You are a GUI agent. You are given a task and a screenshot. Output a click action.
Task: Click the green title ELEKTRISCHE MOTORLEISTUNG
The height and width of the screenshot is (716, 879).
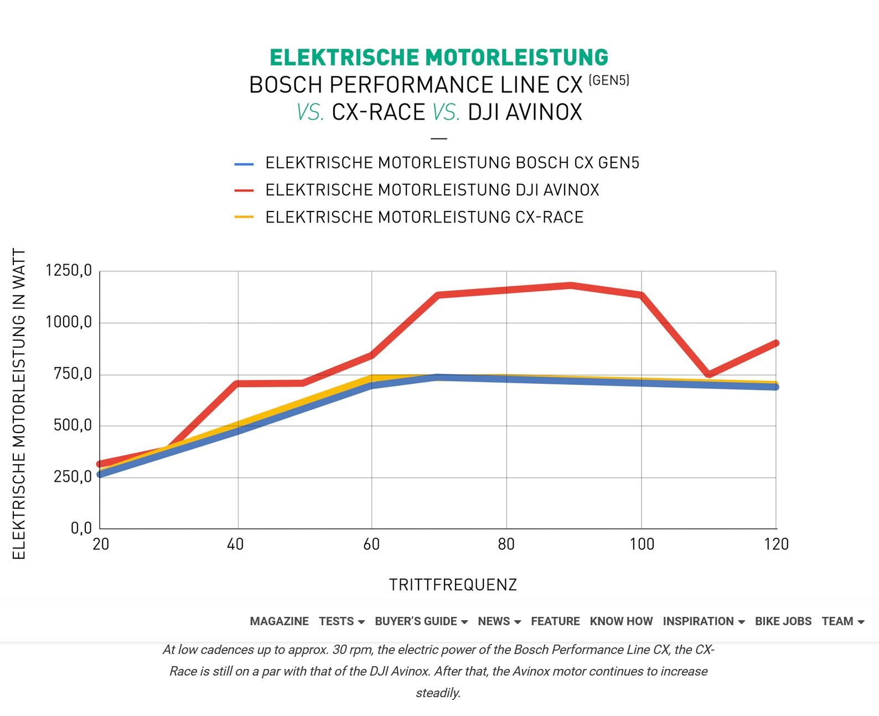pyautogui.click(x=439, y=58)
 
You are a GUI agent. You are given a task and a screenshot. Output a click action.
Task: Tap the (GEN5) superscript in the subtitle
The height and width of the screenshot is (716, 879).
pyautogui.click(x=609, y=80)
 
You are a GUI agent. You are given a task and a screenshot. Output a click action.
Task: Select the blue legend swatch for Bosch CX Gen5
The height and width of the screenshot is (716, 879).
pyautogui.click(x=244, y=164)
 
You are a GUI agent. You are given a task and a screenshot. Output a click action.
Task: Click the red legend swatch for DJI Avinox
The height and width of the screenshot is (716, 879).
pyautogui.click(x=244, y=190)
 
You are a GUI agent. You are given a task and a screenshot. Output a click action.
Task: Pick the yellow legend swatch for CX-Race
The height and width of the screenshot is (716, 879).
pyautogui.click(x=244, y=217)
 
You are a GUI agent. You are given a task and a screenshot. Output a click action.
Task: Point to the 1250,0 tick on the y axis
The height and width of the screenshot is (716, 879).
pyautogui.click(x=69, y=270)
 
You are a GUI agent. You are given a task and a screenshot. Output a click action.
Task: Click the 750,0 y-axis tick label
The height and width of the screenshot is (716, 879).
pyautogui.click(x=73, y=374)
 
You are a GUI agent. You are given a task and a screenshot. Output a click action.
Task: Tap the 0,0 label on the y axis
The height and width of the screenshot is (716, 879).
pyautogui.click(x=81, y=528)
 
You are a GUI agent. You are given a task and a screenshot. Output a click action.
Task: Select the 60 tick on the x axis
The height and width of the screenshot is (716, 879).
pyautogui.click(x=371, y=545)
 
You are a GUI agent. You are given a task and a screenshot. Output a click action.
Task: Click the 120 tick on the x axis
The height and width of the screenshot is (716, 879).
pyautogui.click(x=776, y=545)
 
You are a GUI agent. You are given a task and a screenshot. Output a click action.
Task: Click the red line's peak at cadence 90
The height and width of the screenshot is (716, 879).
pyautogui.click(x=571, y=285)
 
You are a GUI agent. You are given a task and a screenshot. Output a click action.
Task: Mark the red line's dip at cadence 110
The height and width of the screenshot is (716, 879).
pyautogui.click(x=709, y=374)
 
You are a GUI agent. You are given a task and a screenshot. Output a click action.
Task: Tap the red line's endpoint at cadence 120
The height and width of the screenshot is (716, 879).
pyautogui.click(x=776, y=343)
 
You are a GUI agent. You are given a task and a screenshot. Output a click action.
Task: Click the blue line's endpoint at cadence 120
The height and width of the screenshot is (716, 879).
pyautogui.click(x=776, y=387)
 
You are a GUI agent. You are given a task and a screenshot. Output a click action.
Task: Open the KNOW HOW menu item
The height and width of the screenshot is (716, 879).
pyautogui.click(x=621, y=621)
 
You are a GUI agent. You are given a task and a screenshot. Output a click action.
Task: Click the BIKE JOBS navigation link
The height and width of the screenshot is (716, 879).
pyautogui.click(x=783, y=621)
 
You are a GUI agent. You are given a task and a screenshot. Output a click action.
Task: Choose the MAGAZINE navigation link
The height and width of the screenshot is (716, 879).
pyautogui.click(x=280, y=621)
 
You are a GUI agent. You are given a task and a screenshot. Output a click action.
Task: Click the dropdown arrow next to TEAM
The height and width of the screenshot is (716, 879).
pyautogui.click(x=861, y=622)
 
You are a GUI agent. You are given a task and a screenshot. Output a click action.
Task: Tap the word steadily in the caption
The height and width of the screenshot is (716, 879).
pyautogui.click(x=438, y=693)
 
